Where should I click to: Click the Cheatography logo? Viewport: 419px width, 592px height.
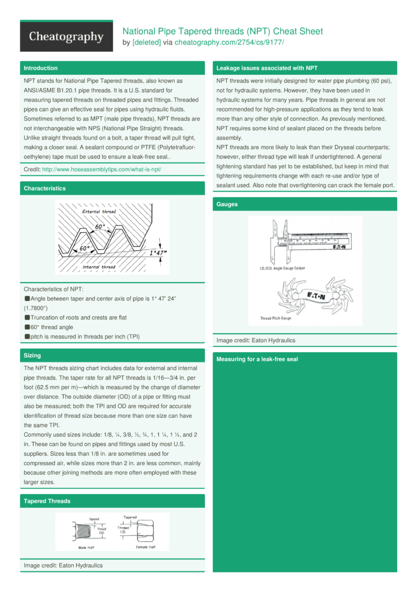coord(66,37)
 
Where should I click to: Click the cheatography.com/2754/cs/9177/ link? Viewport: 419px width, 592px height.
coord(229,42)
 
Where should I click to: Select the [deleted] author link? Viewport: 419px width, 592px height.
coord(146,42)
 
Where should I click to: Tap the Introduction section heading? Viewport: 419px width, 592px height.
coord(40,68)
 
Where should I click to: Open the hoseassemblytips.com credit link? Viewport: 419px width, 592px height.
coord(102,169)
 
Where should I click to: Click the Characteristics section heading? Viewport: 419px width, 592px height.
coord(44,189)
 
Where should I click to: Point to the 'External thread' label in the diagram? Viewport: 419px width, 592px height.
coord(99,212)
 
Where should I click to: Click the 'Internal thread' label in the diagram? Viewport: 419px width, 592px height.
coord(99,267)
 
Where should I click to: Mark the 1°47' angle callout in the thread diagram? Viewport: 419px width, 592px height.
coord(158,253)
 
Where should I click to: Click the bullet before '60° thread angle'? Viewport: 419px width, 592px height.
coord(27,327)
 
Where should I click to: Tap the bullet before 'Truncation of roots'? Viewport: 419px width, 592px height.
coord(27,317)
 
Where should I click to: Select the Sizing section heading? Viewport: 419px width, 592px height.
coord(32,355)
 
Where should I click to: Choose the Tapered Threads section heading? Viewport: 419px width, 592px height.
coord(47,501)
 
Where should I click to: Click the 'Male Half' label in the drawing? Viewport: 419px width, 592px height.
coord(87,547)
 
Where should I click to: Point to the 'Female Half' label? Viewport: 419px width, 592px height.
coord(146,547)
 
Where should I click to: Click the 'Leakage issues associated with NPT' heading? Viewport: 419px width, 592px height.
coord(266,68)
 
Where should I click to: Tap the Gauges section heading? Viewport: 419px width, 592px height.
coord(227,204)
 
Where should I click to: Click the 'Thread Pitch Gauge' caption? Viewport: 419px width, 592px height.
coord(275,319)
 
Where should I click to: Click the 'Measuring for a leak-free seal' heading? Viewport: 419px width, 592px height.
coord(257,359)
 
